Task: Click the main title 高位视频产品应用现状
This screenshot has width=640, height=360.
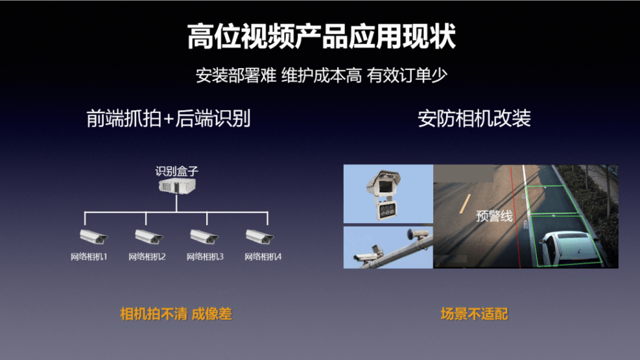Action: pyautogui.click(x=321, y=36)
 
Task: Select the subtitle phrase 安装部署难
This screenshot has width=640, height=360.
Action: pyautogui.click(x=236, y=76)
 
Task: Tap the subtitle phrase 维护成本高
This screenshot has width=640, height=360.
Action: pyautogui.click(x=321, y=76)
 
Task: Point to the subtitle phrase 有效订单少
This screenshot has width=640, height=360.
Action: pyautogui.click(x=407, y=76)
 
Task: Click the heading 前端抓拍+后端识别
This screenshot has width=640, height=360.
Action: pyautogui.click(x=168, y=118)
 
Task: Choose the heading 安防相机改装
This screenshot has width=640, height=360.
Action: pyautogui.click(x=474, y=118)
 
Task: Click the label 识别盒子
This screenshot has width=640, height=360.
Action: pyautogui.click(x=177, y=171)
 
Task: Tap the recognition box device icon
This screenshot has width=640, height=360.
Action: pyautogui.click(x=177, y=186)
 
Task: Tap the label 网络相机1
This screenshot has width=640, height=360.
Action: pyautogui.click(x=89, y=257)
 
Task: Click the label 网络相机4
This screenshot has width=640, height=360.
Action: pyautogui.click(x=263, y=257)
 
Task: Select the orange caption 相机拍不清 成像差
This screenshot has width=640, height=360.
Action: pyautogui.click(x=176, y=314)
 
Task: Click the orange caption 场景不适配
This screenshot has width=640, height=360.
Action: pyautogui.click(x=474, y=314)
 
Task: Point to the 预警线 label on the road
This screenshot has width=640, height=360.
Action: pyautogui.click(x=494, y=216)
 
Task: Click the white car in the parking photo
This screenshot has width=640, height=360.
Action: pyautogui.click(x=567, y=248)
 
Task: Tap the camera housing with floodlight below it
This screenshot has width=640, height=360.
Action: pyautogui.click(x=383, y=195)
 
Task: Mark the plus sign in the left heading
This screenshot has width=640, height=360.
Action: pyautogui.click(x=169, y=119)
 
